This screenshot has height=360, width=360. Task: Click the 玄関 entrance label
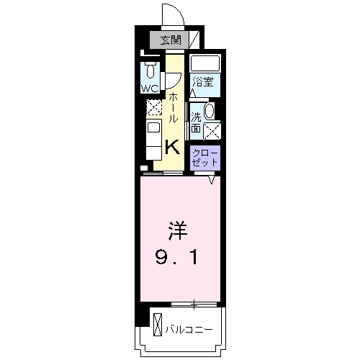[169, 40]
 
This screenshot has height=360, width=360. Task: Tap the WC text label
[149, 89]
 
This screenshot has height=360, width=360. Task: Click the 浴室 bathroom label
[202, 82]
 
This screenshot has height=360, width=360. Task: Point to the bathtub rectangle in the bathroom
[204, 63]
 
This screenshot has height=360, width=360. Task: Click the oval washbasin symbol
[210, 111]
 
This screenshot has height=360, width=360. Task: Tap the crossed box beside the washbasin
[212, 130]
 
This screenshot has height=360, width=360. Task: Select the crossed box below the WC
[153, 107]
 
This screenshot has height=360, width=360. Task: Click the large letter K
[173, 147]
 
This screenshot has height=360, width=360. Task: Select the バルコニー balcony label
[189, 329]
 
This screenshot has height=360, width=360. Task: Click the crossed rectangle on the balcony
[157, 328]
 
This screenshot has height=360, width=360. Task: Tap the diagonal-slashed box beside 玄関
[193, 40]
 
